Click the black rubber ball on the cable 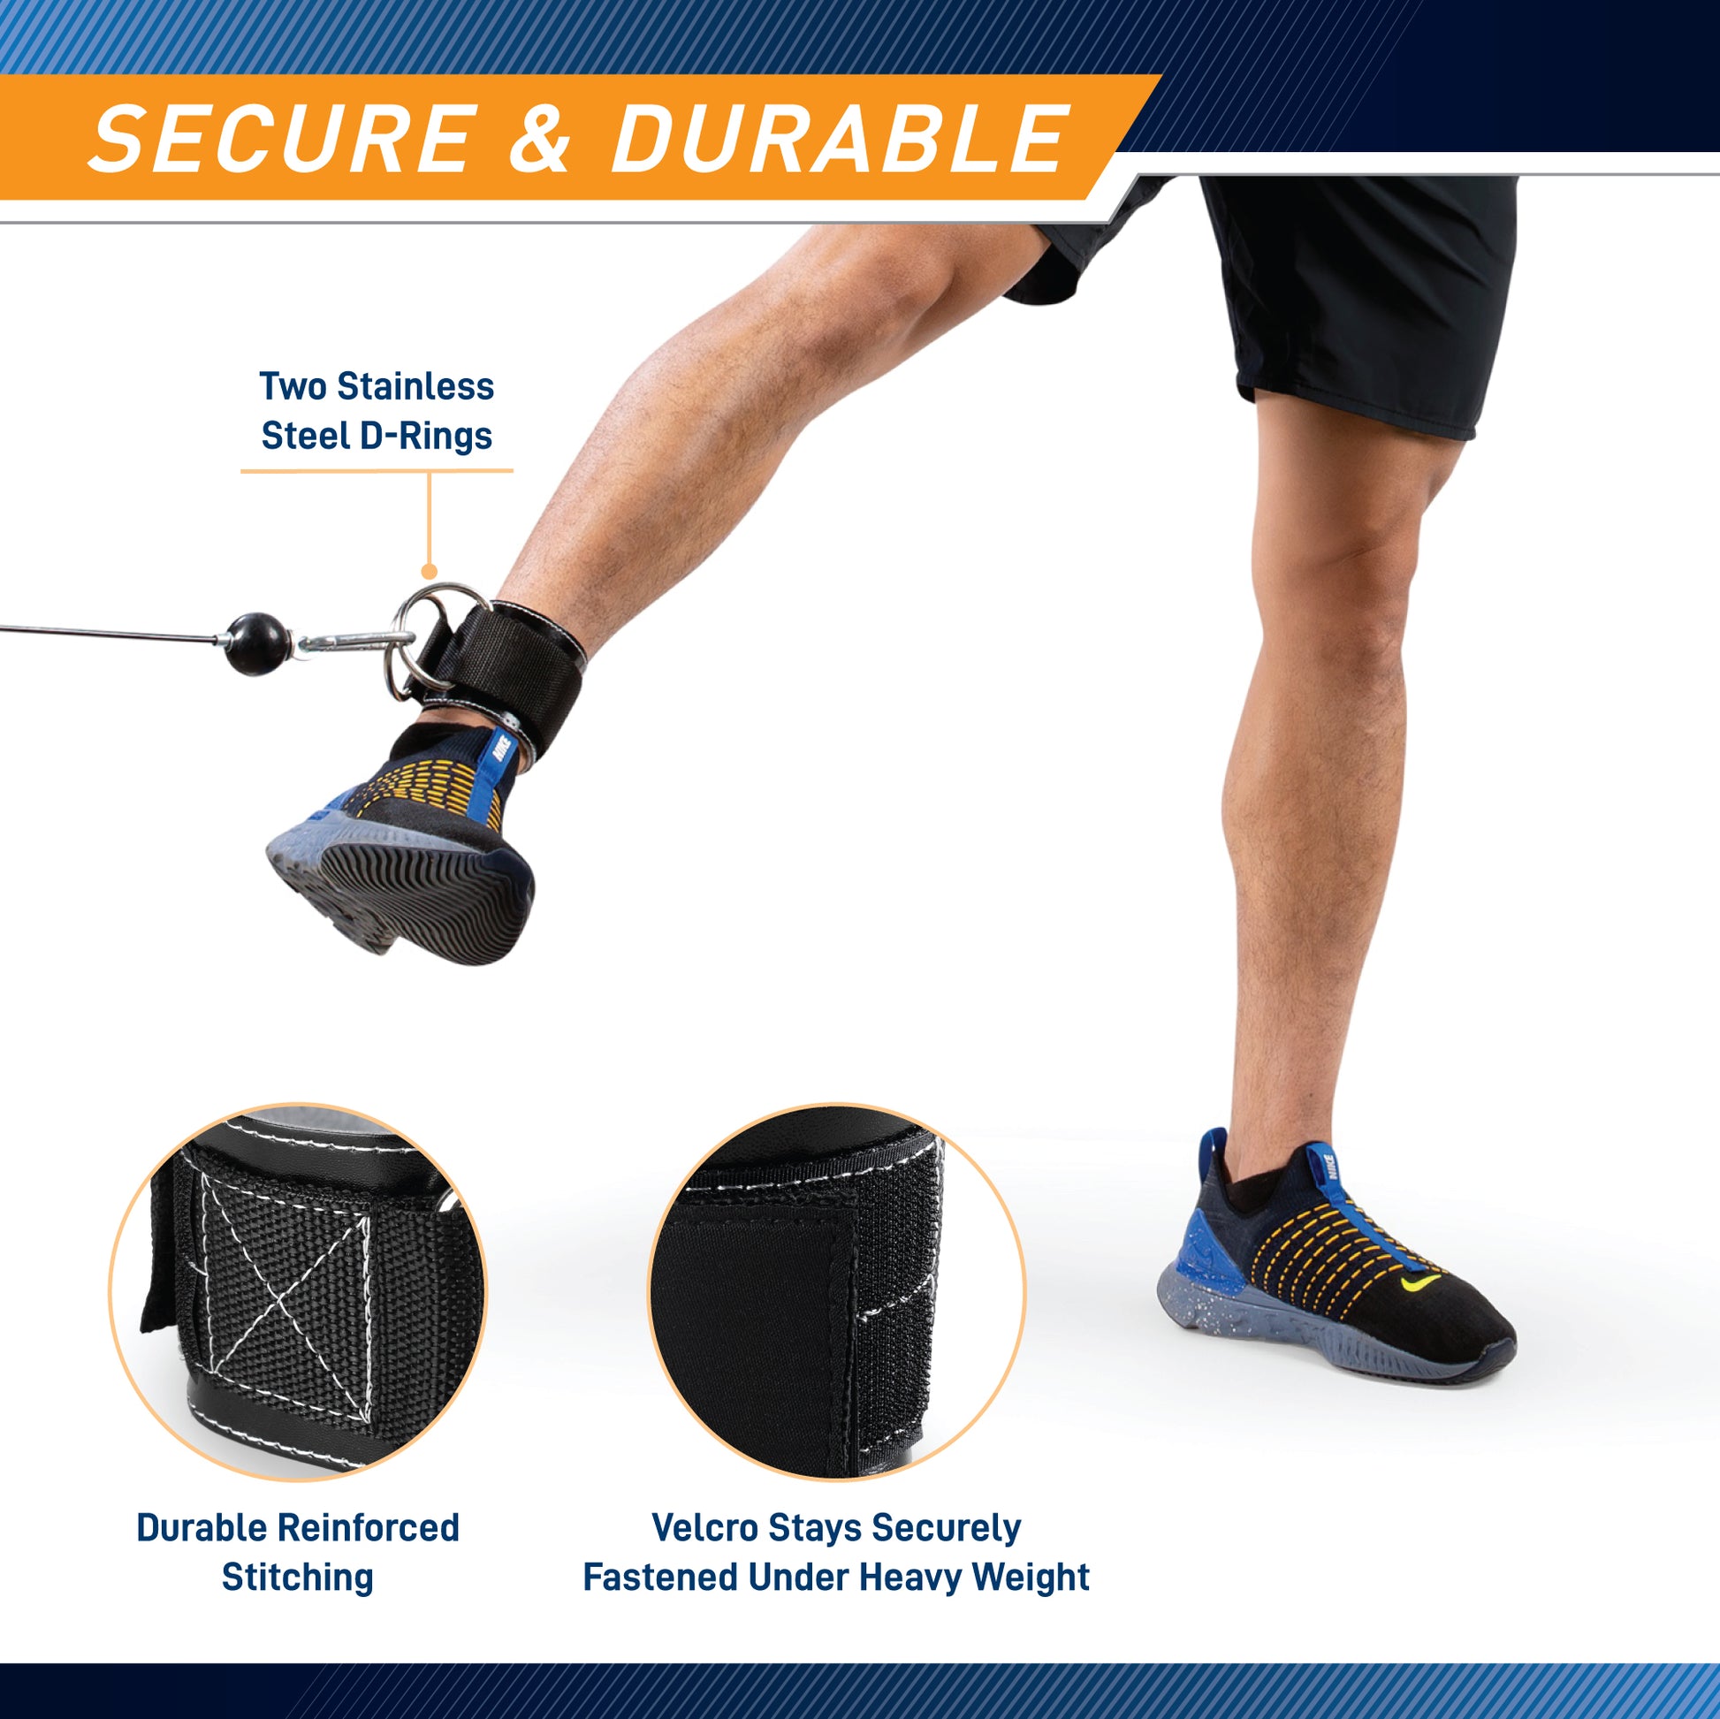[x=257, y=643]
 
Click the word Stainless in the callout [x=415, y=386]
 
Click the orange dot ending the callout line [x=429, y=572]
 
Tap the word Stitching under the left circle [x=297, y=1578]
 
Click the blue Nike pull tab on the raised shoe [x=505, y=756]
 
